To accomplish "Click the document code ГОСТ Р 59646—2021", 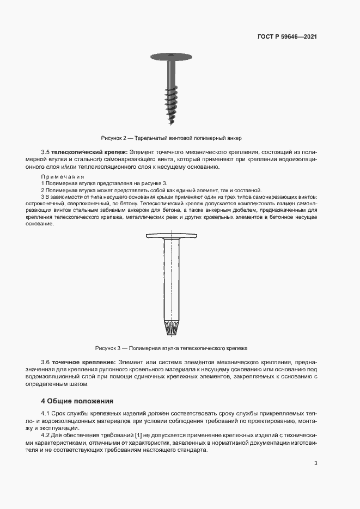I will pyautogui.click(x=287, y=37).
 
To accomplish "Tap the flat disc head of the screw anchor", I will pyautogui.click(x=173, y=56).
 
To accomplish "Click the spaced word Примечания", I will pyautogui.click(x=62, y=177).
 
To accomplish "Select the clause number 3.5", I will pyautogui.click(x=46, y=151).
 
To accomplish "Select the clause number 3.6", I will pyautogui.click(x=46, y=361).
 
